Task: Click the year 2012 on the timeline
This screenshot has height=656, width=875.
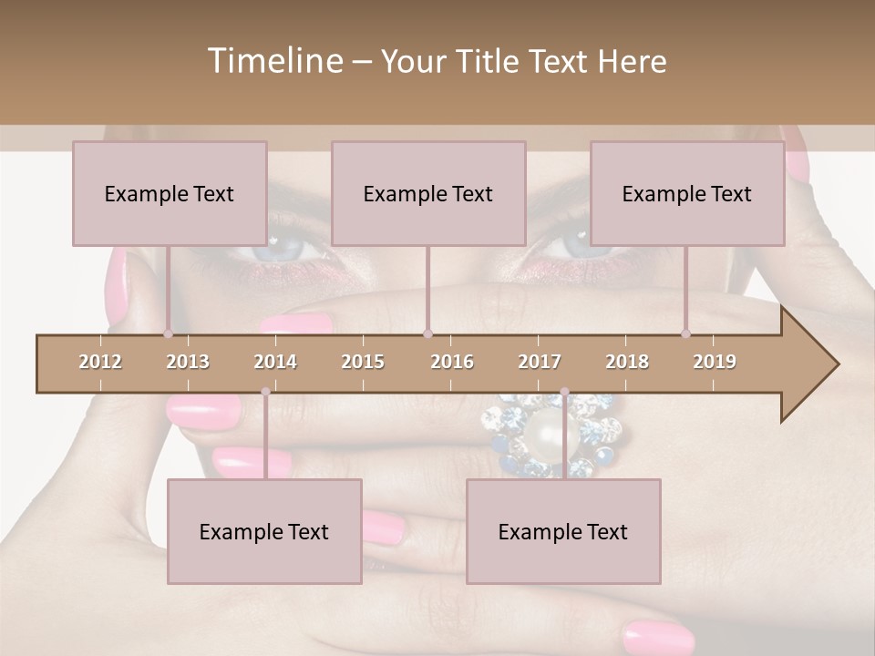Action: pos(100,362)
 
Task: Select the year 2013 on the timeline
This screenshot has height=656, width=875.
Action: pos(188,362)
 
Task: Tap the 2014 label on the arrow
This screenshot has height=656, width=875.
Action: pos(275,362)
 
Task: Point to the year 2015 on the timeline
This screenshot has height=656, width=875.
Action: pos(363,362)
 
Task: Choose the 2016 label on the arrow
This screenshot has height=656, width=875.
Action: pos(452,362)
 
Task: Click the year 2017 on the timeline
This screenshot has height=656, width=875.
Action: pos(540,362)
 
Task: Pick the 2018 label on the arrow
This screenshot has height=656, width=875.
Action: pos(627,362)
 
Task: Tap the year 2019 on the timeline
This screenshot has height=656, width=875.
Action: pos(715,362)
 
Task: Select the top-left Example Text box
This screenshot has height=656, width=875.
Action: pos(170,193)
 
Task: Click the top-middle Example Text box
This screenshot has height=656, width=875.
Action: pos(428,193)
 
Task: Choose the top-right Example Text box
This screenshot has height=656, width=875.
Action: pos(687,193)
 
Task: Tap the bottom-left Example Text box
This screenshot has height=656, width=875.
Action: pos(264,531)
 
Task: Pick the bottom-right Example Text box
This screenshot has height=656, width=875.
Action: pos(563,531)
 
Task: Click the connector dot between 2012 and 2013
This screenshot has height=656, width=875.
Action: pos(168,334)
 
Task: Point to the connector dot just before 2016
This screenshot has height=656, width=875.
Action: pos(427,334)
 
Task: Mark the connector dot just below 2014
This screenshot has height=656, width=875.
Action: pos(265,393)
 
